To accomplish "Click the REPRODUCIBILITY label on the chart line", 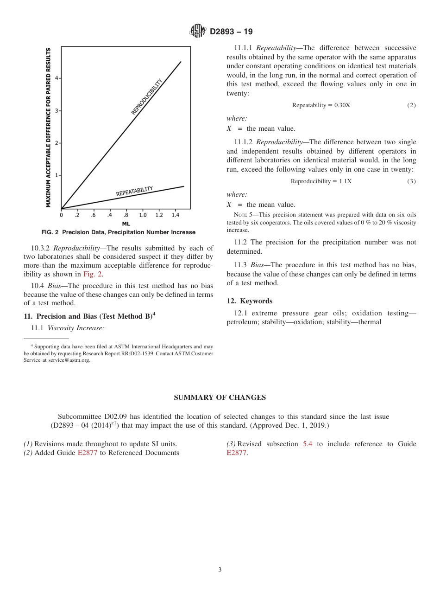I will [147, 97].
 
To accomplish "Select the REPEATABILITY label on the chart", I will [134, 191].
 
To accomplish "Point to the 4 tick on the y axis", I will [57, 78].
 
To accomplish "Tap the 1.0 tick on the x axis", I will [143, 215].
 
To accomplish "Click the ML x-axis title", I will [126, 224].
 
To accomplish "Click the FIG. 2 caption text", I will [119, 232].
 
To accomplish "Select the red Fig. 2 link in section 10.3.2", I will [93, 274].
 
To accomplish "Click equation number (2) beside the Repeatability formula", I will [411, 105].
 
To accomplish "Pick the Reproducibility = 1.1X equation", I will [321, 181].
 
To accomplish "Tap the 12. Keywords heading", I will [249, 301].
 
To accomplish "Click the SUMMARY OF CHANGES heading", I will [220, 398].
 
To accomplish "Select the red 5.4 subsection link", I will [308, 444].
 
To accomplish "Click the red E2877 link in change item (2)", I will [87, 453].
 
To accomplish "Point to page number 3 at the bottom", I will [220, 570].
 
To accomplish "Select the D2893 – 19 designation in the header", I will [231, 32].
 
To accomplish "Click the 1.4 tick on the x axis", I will [175, 215].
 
